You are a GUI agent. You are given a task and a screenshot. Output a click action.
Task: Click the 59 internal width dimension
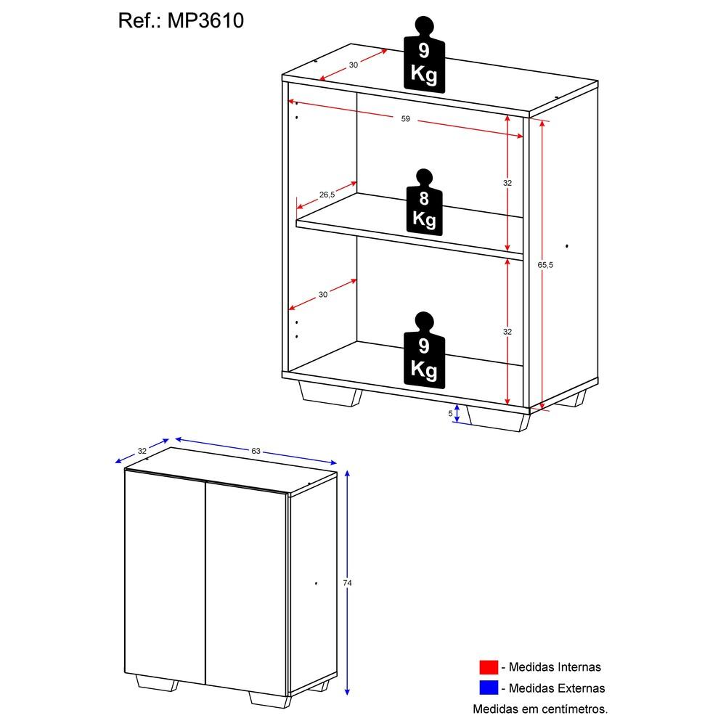[406, 119]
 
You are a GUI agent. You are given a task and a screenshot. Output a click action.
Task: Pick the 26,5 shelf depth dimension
[327, 195]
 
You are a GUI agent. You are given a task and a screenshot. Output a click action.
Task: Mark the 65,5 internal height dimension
[546, 265]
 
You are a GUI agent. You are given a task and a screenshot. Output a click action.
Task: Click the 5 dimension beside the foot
[451, 413]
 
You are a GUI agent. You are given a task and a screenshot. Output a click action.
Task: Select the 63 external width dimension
[256, 451]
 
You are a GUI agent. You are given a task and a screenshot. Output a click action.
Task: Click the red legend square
[488, 667]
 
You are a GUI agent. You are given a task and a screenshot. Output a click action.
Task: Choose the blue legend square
[488, 688]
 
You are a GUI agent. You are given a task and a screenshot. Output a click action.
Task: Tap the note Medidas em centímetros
[540, 708]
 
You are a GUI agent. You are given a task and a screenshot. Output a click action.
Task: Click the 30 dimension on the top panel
[354, 65]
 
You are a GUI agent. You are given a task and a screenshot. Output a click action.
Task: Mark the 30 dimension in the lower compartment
[323, 294]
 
